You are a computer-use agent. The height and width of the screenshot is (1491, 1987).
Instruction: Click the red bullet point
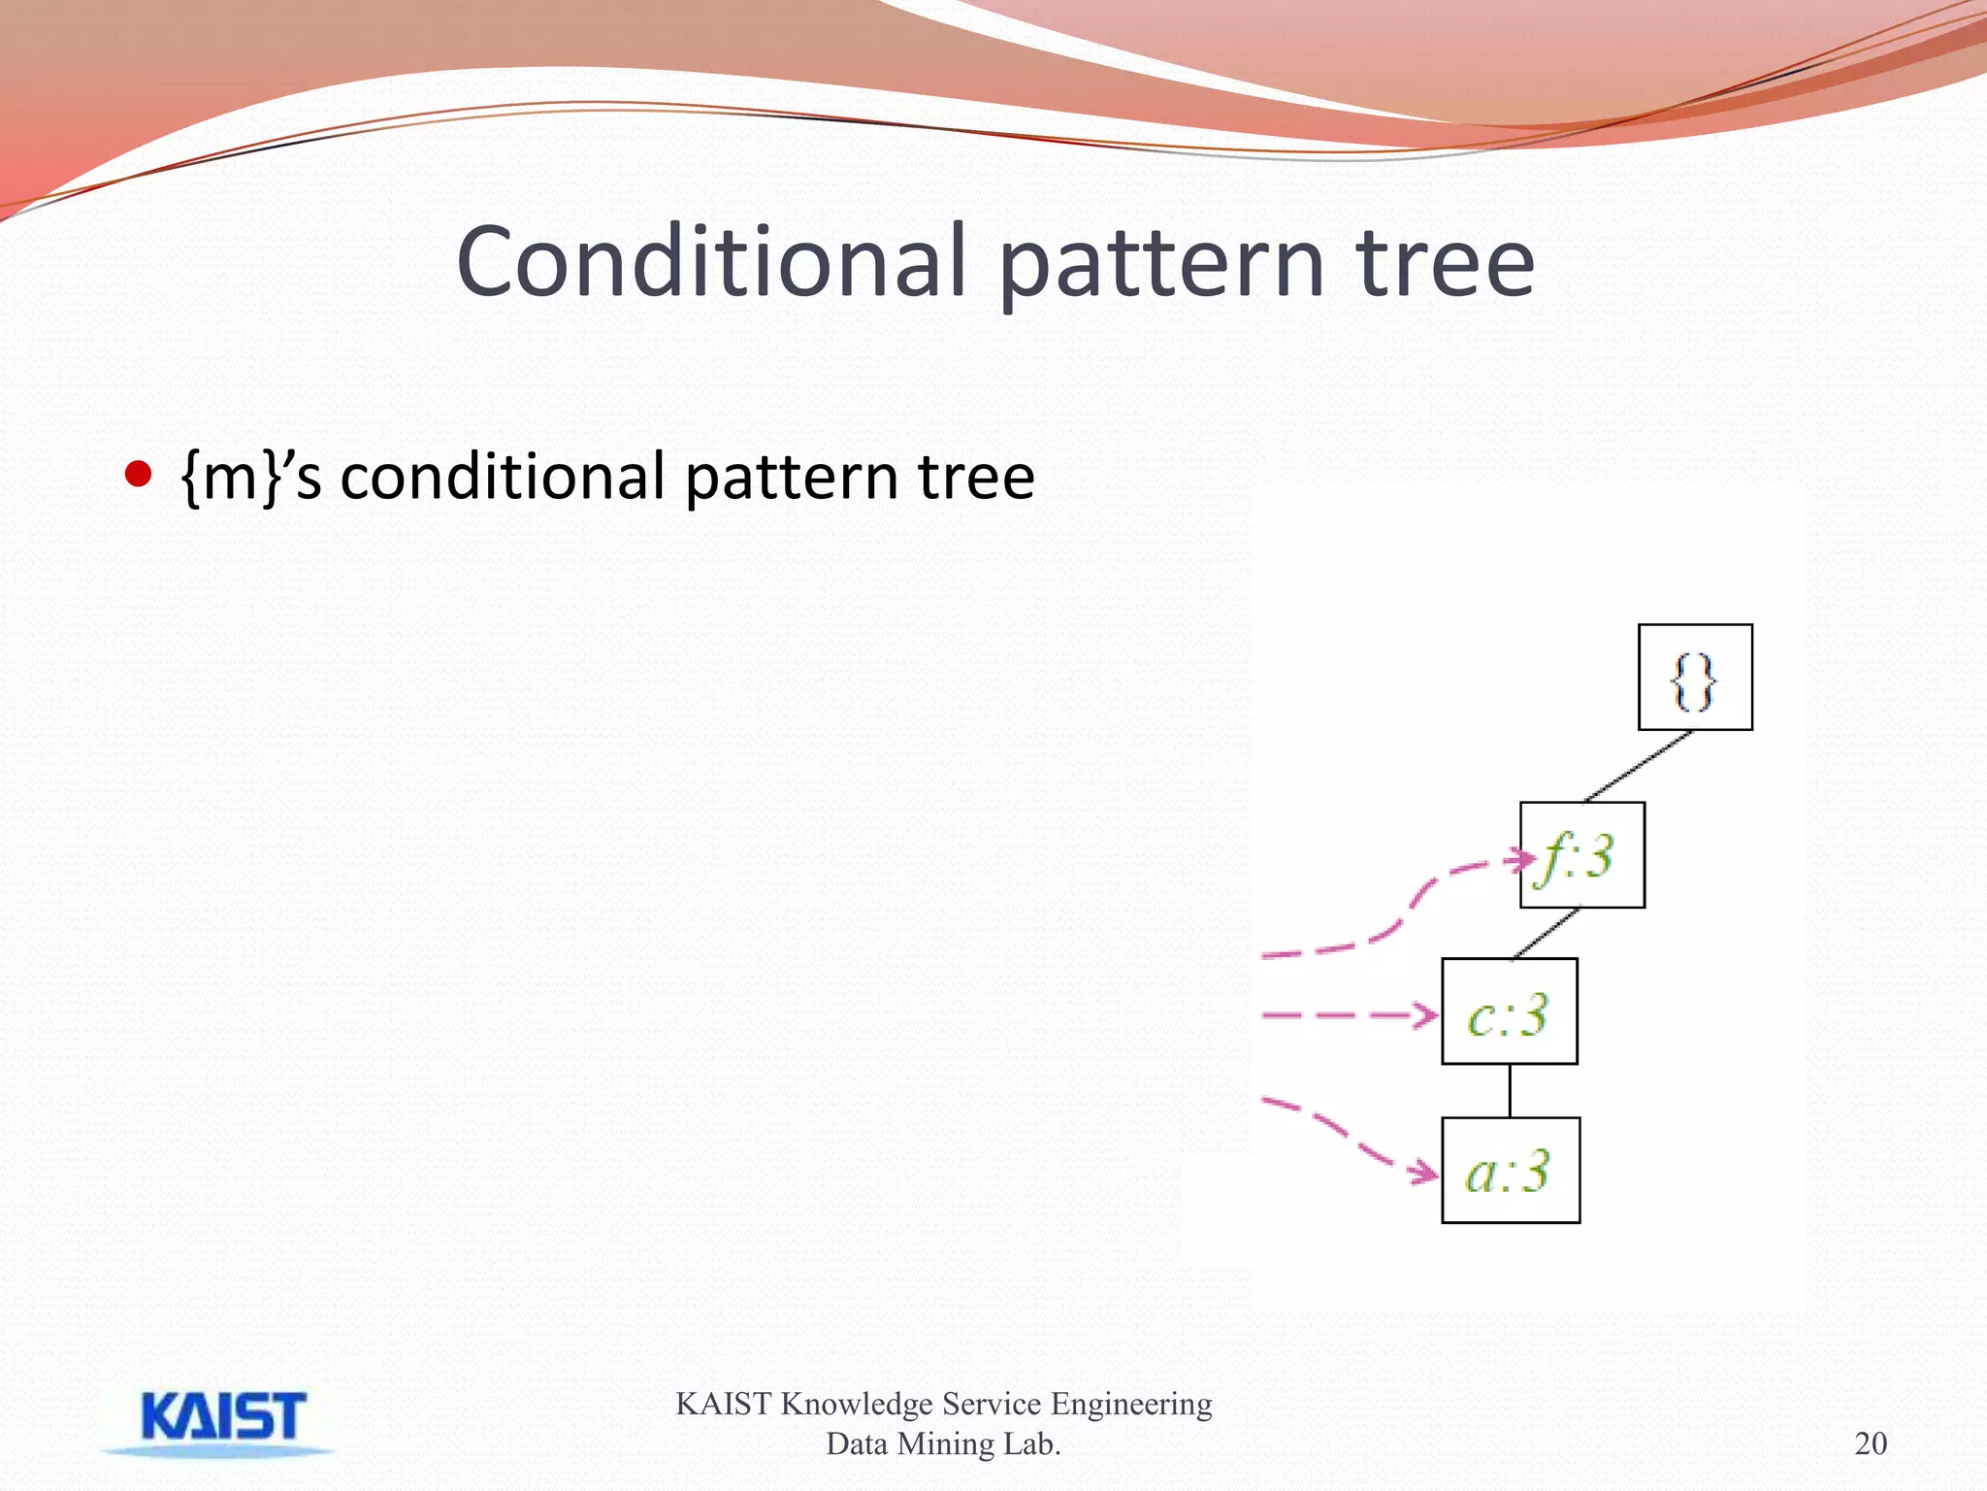[x=139, y=474]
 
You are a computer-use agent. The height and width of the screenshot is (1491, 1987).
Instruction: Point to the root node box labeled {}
[x=1695, y=678]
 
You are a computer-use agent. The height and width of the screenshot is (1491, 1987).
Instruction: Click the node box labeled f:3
[x=1581, y=855]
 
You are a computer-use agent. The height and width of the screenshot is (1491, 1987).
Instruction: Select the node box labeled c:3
[x=1509, y=1011]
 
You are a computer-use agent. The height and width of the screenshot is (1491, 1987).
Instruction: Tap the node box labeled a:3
[x=1510, y=1171]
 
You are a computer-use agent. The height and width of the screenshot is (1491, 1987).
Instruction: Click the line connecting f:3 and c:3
[x=1547, y=933]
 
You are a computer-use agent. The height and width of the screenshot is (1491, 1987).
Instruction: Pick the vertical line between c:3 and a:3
[x=1510, y=1091]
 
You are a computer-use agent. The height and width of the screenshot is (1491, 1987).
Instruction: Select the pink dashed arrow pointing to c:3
[x=1349, y=1015]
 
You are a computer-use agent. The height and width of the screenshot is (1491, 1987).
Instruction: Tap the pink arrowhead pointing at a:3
[x=1425, y=1173]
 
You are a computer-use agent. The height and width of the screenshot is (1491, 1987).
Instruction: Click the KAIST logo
[x=221, y=1419]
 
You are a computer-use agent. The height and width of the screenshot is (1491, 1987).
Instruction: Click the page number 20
[x=1871, y=1443]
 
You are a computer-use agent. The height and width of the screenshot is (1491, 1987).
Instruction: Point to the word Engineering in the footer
[x=1130, y=1405]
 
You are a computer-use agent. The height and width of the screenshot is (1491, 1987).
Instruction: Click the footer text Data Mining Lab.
[x=943, y=1444]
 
